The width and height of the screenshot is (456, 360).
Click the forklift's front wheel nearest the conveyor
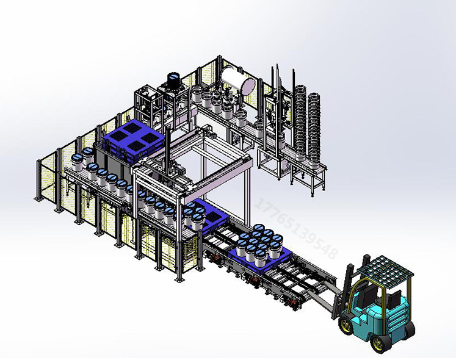point(347,325)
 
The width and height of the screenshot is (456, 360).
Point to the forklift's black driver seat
point(366,294)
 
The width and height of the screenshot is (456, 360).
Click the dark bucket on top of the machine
point(174,79)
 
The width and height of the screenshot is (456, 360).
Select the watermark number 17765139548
point(296,228)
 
